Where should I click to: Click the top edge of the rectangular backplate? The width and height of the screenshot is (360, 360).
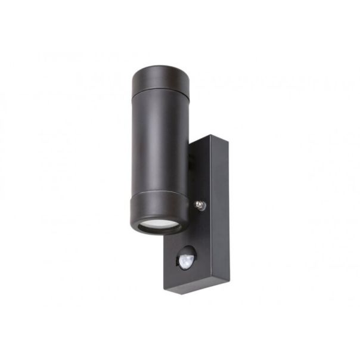(210, 138)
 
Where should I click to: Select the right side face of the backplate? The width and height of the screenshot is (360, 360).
(222, 215)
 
